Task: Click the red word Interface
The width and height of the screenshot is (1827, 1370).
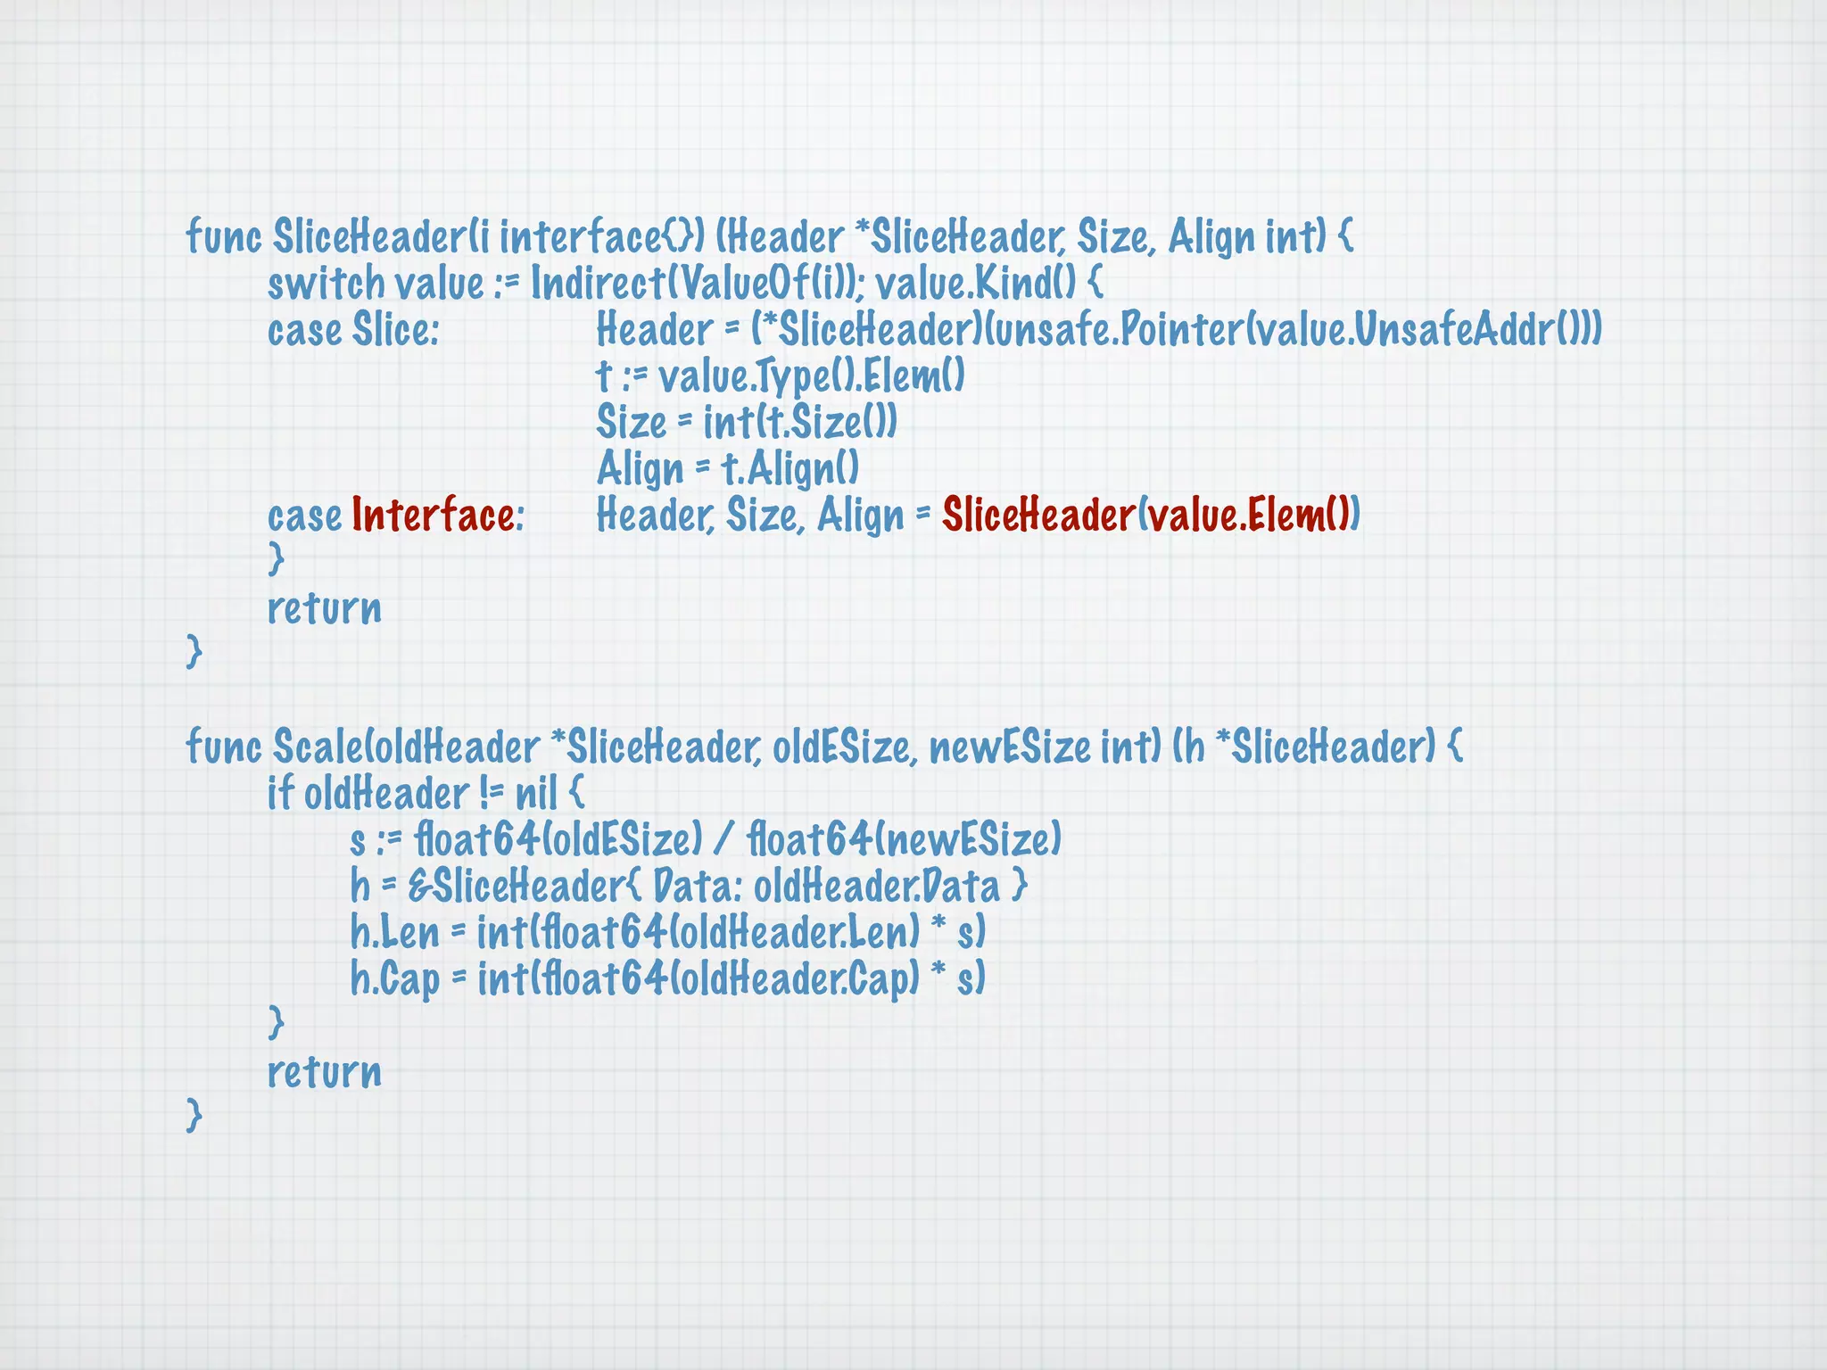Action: tap(433, 515)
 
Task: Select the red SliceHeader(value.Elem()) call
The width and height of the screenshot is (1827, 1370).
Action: tap(1151, 515)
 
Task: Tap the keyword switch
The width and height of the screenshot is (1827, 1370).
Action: tap(327, 284)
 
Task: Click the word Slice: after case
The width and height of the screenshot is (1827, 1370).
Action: tap(396, 330)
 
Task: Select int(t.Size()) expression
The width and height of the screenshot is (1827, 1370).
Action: tap(800, 423)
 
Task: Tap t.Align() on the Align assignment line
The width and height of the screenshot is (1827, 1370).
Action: tap(790, 468)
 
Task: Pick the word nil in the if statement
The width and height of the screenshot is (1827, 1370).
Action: tap(536, 793)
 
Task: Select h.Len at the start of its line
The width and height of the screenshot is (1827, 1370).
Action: tap(395, 933)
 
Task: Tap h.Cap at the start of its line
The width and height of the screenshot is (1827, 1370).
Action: tap(395, 979)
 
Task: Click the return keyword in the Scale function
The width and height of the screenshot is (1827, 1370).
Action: tap(325, 1072)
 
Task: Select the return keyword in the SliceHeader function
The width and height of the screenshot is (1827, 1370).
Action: tap(325, 608)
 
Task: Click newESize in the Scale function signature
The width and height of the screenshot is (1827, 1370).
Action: tap(1009, 747)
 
